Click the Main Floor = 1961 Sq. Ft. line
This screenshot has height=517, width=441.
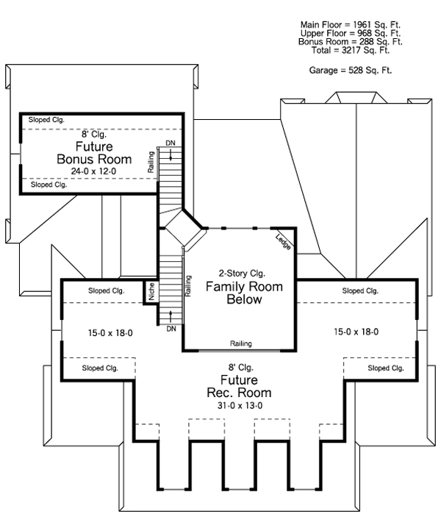click(x=351, y=25)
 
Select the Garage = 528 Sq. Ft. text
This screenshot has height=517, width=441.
click(x=351, y=70)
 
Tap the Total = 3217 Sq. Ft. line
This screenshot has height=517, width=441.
click(x=351, y=51)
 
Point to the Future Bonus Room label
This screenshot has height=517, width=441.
click(x=94, y=153)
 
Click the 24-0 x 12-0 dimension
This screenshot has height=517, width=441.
click(x=93, y=171)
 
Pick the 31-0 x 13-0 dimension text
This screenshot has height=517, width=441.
click(x=240, y=405)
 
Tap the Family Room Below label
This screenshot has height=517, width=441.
click(x=244, y=293)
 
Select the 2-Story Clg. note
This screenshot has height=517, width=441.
click(x=242, y=274)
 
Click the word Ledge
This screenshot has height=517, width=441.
click(x=283, y=242)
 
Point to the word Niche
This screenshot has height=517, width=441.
click(x=151, y=291)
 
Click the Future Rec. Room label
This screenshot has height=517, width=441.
click(x=239, y=386)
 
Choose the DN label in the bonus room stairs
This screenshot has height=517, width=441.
click(x=171, y=143)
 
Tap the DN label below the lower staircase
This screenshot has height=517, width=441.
click(x=171, y=329)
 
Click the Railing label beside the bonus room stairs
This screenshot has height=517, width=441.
click(x=151, y=162)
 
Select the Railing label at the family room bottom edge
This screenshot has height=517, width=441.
click(x=241, y=343)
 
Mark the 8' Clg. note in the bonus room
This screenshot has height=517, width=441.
click(x=94, y=134)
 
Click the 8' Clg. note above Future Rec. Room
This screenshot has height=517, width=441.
click(x=241, y=367)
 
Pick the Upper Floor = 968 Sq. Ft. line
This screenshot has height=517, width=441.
click(x=351, y=33)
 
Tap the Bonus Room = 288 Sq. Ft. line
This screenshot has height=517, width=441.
click(x=351, y=42)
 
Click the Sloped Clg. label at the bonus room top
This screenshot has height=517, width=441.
click(x=46, y=120)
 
